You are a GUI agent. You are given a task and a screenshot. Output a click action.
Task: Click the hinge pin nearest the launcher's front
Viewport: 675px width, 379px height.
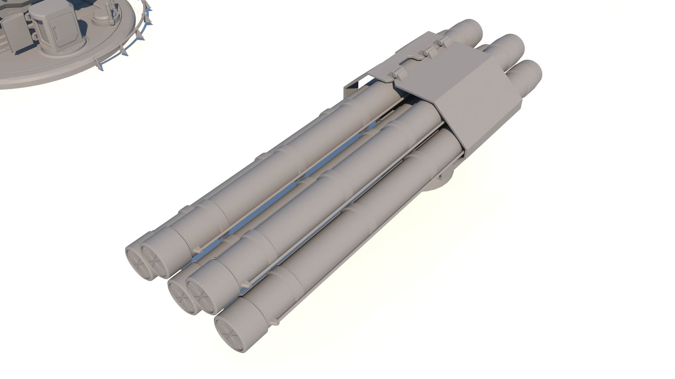coord(396,75)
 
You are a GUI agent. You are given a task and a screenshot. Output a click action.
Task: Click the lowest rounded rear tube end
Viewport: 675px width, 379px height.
coord(527,75)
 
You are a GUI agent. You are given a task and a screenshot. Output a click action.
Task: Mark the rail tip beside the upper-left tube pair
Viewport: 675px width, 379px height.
coord(198,249)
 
